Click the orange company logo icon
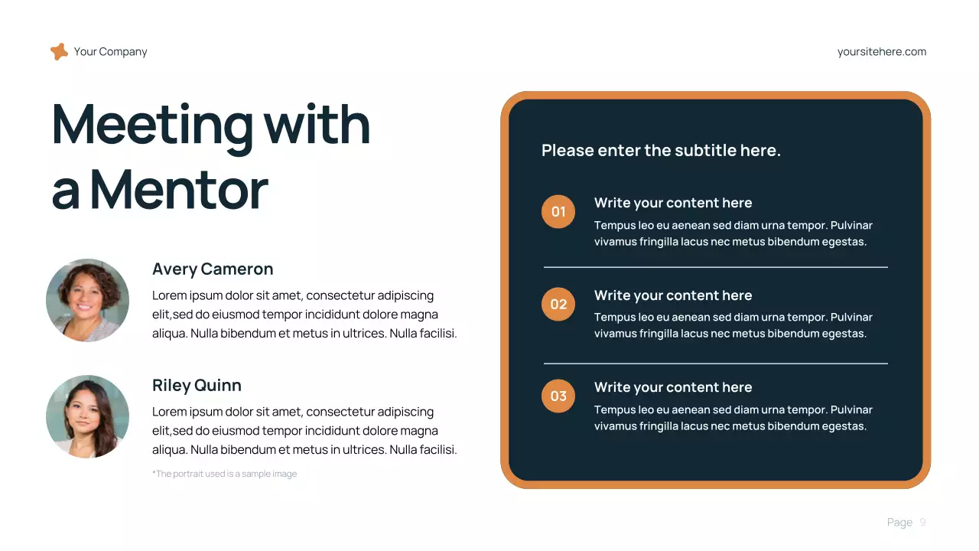pyautogui.click(x=59, y=52)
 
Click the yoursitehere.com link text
pyautogui.click(x=882, y=52)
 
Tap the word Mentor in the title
pyautogui.click(x=179, y=189)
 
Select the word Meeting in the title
pyautogui.click(x=152, y=124)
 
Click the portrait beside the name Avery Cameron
pyautogui.click(x=87, y=300)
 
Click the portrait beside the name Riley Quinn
pyautogui.click(x=87, y=416)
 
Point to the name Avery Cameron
pyautogui.click(x=213, y=269)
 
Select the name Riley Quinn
pyautogui.click(x=197, y=386)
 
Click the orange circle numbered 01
pyautogui.click(x=558, y=212)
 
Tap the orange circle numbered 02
pyautogui.click(x=558, y=305)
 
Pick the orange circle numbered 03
pyautogui.click(x=558, y=396)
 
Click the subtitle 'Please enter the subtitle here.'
pyautogui.click(x=661, y=151)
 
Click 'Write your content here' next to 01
pyautogui.click(x=673, y=203)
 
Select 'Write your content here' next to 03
pyautogui.click(x=673, y=387)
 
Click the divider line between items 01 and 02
pyautogui.click(x=715, y=267)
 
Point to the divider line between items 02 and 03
pyautogui.click(x=715, y=364)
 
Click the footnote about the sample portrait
pyautogui.click(x=225, y=474)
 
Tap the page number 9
pyautogui.click(x=922, y=523)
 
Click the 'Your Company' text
pyautogui.click(x=110, y=52)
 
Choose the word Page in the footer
pyautogui.click(x=899, y=523)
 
